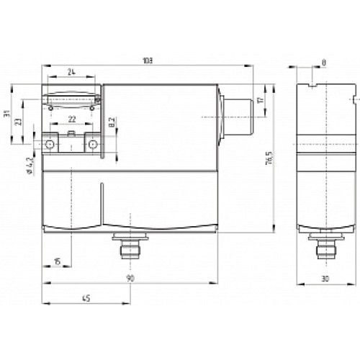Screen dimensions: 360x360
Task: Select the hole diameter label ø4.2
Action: click(x=28, y=165)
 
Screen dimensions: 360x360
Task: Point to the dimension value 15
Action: click(x=58, y=261)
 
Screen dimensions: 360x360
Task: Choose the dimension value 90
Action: click(x=130, y=278)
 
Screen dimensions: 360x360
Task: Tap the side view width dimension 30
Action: click(x=325, y=278)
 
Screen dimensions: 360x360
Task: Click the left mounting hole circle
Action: click(x=50, y=145)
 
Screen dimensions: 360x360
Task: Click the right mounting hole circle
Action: click(x=92, y=145)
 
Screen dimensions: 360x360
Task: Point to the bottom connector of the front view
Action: click(x=129, y=248)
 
